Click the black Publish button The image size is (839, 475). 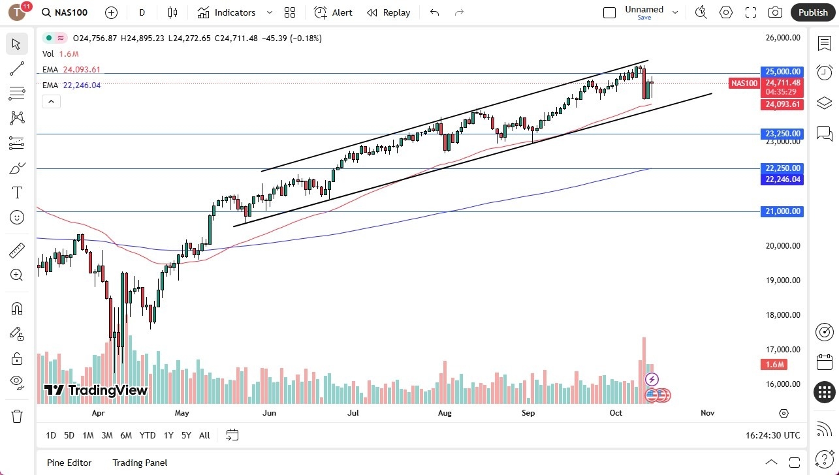tap(813, 12)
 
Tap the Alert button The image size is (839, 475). tap(333, 12)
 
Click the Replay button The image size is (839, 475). tap(388, 12)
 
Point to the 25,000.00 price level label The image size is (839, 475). tap(782, 72)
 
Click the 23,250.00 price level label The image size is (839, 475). tap(782, 134)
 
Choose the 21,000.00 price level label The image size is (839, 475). tap(782, 211)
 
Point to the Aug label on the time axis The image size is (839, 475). tap(445, 413)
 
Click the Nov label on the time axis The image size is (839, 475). tap(707, 413)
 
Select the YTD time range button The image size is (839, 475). tap(148, 435)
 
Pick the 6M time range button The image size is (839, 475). tap(126, 435)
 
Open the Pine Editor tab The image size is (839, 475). tap(69, 463)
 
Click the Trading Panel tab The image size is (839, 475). tap(140, 463)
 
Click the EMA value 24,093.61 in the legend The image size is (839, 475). tap(82, 70)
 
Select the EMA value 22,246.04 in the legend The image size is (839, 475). tap(82, 85)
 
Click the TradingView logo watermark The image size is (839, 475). tap(95, 390)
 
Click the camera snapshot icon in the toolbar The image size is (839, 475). tap(775, 12)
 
